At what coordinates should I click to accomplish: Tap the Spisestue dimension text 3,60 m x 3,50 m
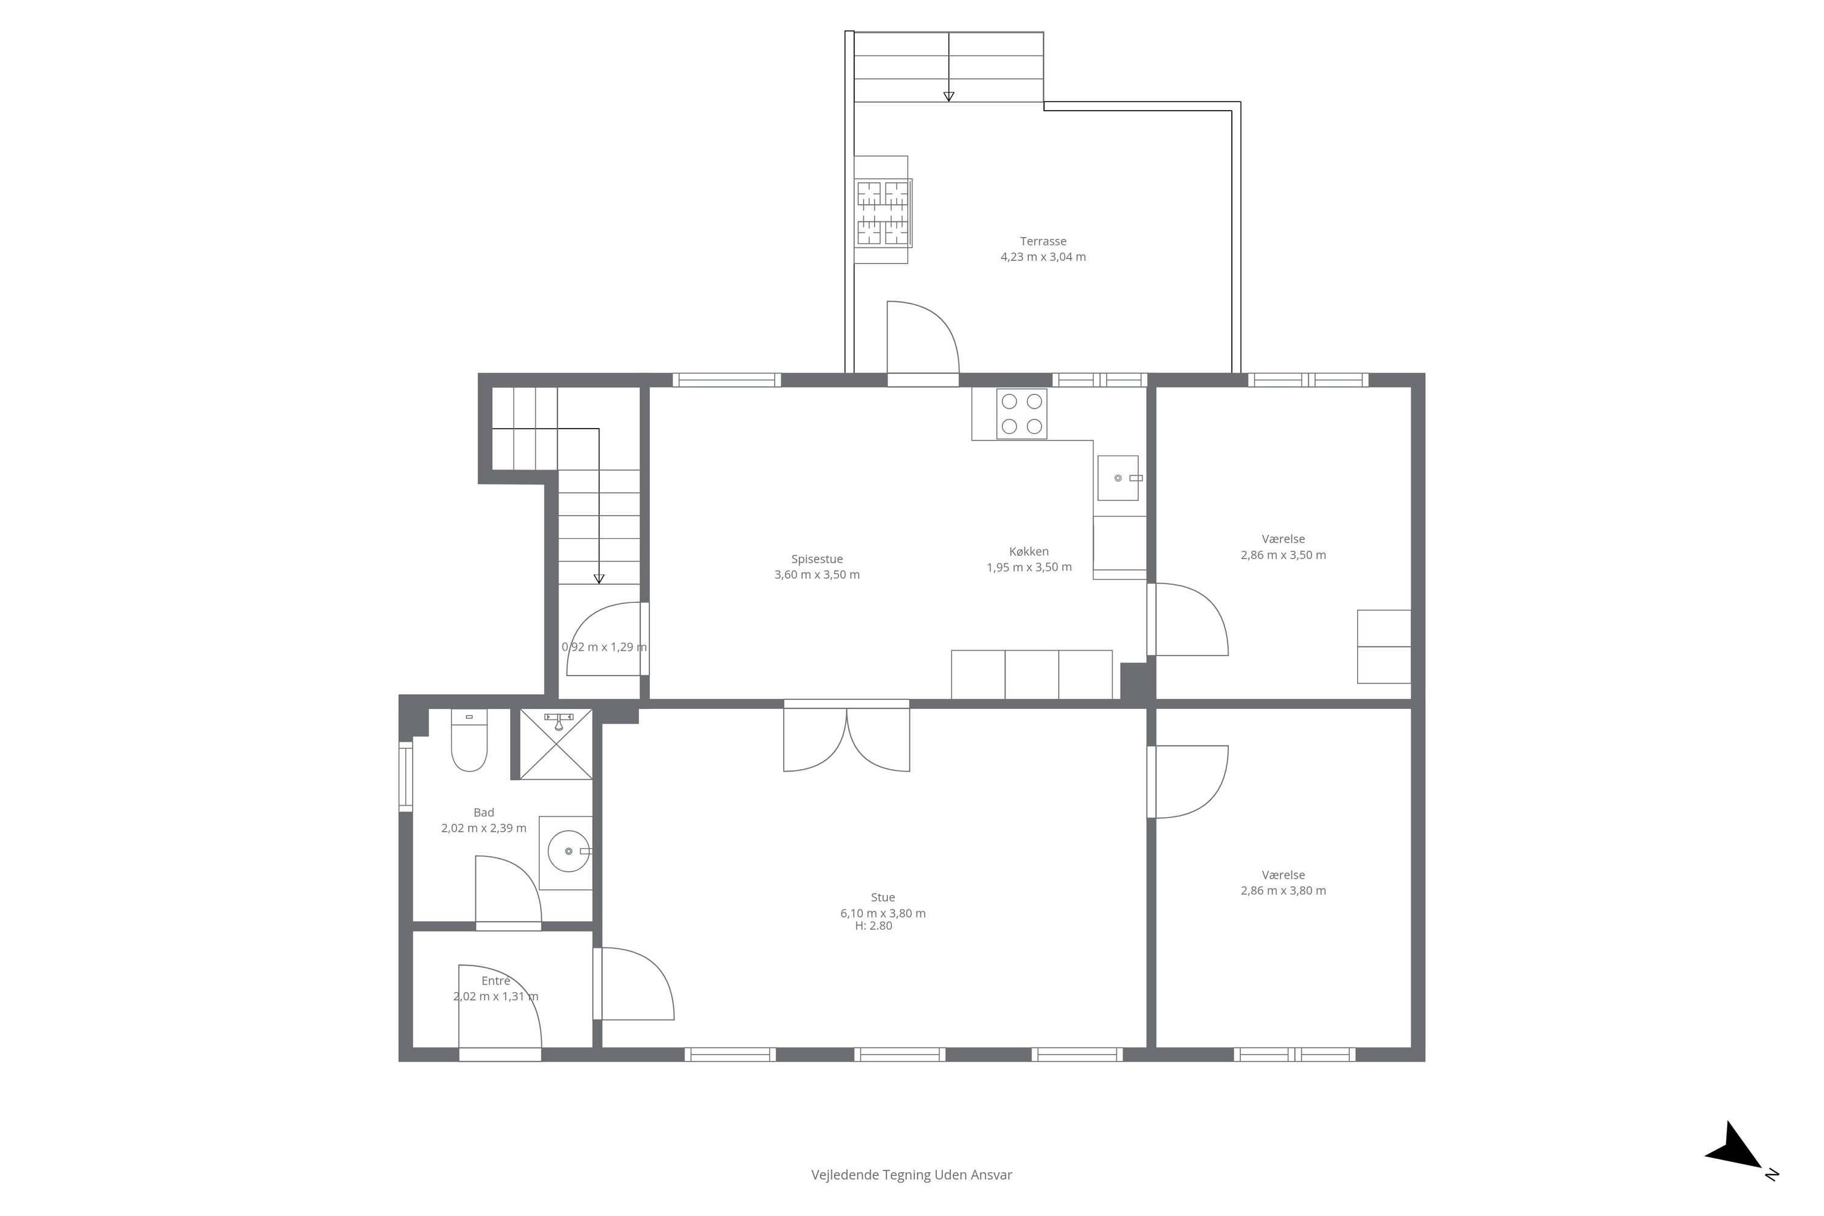(817, 575)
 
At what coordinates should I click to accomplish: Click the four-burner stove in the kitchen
(1021, 414)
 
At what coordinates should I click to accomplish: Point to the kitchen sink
(1118, 478)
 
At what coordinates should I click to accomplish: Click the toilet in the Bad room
(469, 740)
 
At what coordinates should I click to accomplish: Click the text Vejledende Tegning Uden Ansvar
(911, 1175)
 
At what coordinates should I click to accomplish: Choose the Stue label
(883, 897)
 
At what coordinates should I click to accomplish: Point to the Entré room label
(496, 981)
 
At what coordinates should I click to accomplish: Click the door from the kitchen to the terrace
(923, 341)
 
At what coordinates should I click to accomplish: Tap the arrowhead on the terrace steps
(948, 96)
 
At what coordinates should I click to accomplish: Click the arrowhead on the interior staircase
(599, 579)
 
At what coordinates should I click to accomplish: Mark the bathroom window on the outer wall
(406, 776)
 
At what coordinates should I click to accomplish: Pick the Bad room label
(483, 813)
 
